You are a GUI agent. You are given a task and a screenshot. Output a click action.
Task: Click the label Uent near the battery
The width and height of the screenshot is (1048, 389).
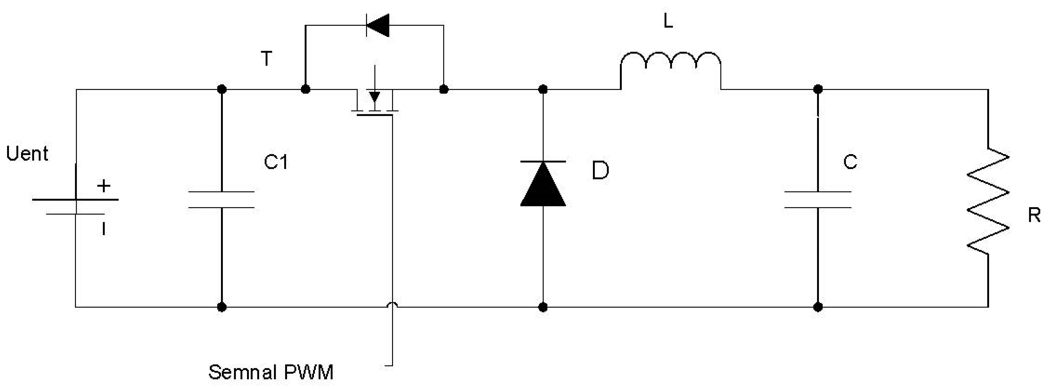pyautogui.click(x=27, y=154)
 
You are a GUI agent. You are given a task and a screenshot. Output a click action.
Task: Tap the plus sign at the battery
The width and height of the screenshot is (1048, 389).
pyautogui.click(x=104, y=186)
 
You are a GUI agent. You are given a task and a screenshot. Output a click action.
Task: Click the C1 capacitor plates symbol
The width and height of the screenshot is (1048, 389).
pyautogui.click(x=221, y=199)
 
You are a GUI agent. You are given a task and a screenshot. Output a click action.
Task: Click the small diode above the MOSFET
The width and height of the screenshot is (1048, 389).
pyautogui.click(x=378, y=25)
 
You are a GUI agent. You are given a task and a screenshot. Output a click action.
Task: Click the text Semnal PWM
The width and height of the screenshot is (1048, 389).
pyautogui.click(x=271, y=372)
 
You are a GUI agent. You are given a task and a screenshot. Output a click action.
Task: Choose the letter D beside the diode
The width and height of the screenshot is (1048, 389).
pyautogui.click(x=600, y=170)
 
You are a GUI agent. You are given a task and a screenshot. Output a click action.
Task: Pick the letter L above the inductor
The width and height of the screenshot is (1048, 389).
pyautogui.click(x=668, y=21)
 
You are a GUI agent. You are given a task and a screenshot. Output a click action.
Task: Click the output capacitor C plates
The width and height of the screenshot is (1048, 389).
pyautogui.click(x=818, y=199)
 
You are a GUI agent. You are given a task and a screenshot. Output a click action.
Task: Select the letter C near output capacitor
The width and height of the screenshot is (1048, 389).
pyautogui.click(x=850, y=162)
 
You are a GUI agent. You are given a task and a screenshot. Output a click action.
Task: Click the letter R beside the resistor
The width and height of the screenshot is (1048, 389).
pyautogui.click(x=1033, y=215)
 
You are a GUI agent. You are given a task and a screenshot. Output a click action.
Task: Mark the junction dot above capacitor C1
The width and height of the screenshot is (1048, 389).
pyautogui.click(x=221, y=89)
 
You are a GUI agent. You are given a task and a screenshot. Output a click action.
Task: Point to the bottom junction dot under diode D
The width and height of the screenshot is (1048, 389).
pyautogui.click(x=543, y=307)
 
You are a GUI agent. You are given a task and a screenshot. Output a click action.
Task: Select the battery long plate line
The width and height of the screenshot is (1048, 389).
pyautogui.click(x=76, y=199)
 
